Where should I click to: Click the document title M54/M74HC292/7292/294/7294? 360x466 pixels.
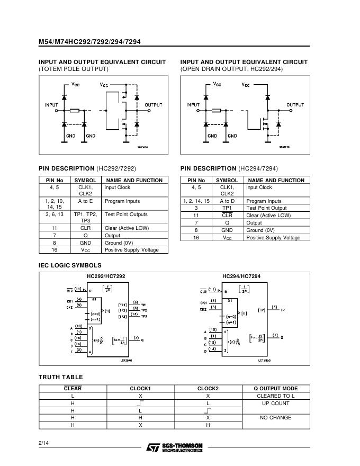[x=89, y=42]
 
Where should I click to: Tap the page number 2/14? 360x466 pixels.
[x=43, y=442]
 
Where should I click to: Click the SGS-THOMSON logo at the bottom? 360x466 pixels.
[x=175, y=447]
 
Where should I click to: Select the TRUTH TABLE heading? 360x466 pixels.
[x=61, y=377]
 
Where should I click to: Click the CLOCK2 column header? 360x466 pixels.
[x=208, y=388]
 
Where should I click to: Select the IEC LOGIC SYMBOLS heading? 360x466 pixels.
[x=70, y=265]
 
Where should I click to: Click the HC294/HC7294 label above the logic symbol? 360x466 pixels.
[x=241, y=276]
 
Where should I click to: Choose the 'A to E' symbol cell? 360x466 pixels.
[x=85, y=201]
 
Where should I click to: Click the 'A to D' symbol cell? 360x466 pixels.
[x=227, y=201]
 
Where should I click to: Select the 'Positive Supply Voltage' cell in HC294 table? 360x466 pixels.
[x=273, y=238]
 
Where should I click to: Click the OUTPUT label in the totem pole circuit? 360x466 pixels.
[x=154, y=105]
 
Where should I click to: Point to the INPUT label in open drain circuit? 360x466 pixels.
[x=193, y=105]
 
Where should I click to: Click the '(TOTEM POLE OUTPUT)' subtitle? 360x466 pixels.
[x=74, y=69]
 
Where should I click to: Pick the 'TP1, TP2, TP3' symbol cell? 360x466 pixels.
[x=85, y=217]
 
